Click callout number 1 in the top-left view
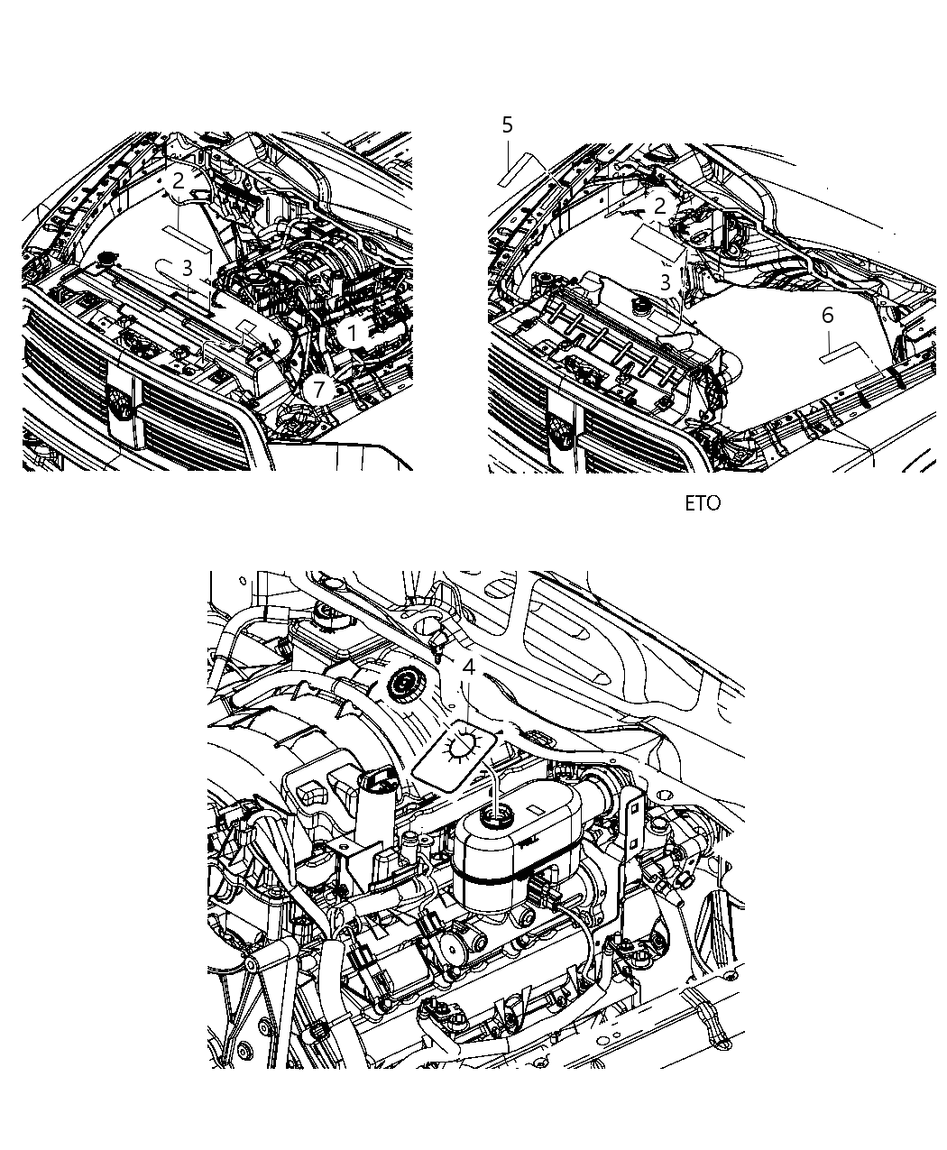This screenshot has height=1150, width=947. pos(353,334)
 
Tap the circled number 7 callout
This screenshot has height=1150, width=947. pos(317,391)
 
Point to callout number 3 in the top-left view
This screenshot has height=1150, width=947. pos(187,268)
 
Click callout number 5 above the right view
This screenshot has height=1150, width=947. pos(507,125)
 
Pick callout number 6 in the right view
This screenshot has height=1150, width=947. pos(827,316)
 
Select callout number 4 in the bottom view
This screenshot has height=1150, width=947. pos(468,667)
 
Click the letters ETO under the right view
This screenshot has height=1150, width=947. pos(703,503)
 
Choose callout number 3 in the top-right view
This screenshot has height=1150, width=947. pos(665,282)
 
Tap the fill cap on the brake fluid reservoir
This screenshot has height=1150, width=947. pos(496,818)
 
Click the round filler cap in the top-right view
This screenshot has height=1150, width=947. pos(641,308)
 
